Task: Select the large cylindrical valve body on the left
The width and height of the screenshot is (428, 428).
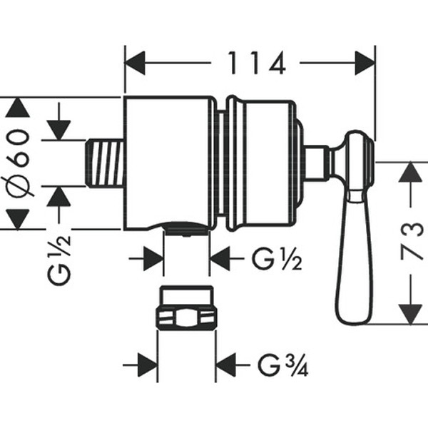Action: [x=170, y=163]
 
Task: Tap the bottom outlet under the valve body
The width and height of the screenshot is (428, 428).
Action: [x=186, y=228]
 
